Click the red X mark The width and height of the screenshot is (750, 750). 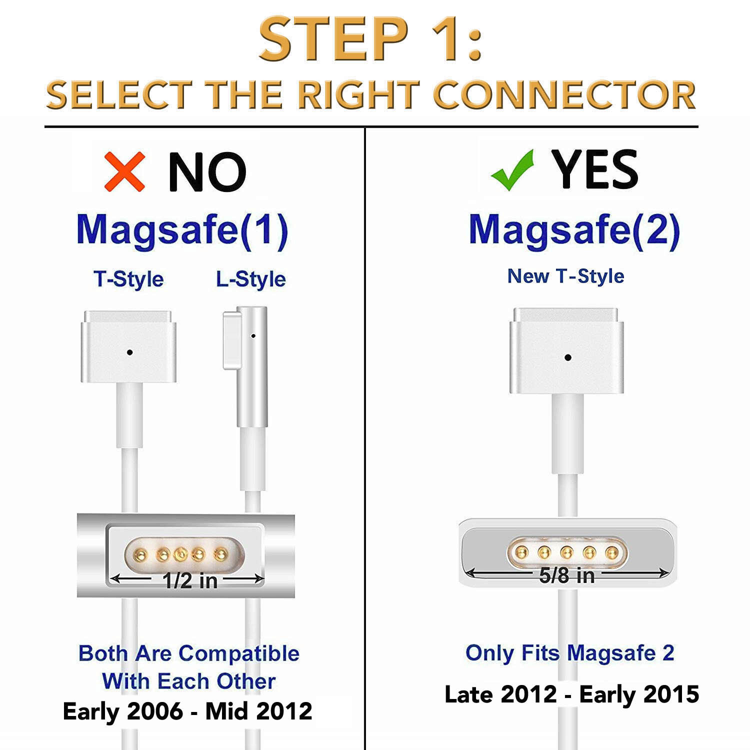tap(125, 172)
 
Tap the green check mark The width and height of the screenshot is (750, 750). tap(512, 170)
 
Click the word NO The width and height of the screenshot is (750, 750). tap(207, 172)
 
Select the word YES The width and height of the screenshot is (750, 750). tap(594, 170)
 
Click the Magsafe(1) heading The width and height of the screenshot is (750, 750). tap(182, 230)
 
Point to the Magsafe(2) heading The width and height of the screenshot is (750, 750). tap(574, 230)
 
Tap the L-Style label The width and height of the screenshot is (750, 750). tap(251, 279)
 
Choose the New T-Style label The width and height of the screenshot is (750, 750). tap(566, 276)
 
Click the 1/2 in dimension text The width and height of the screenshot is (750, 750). tap(190, 580)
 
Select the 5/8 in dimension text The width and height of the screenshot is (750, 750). tap(567, 575)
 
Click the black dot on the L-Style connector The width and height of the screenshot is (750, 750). tap(253, 336)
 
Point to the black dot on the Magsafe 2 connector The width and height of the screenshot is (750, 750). tap(568, 357)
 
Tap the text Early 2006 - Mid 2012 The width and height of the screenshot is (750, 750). tap(187, 711)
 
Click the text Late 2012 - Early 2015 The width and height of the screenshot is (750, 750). tap(571, 694)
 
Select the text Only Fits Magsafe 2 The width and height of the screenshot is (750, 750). tap(570, 653)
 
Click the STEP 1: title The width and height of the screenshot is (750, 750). tap(370, 39)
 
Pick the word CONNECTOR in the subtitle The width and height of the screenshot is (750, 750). tap(564, 95)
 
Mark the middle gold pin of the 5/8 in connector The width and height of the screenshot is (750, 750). tap(566, 552)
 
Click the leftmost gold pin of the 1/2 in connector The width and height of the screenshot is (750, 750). tap(141, 554)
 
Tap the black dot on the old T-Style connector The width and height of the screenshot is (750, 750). tap(130, 352)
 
